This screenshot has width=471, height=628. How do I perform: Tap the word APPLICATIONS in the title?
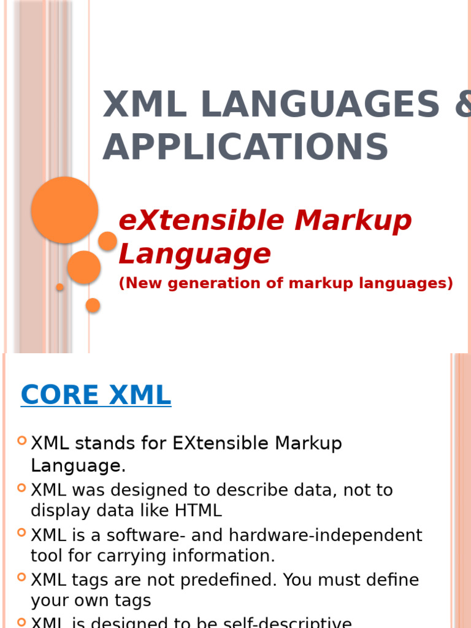tap(245, 147)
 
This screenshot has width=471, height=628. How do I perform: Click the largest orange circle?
tap(64, 210)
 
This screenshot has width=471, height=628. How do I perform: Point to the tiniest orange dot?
tap(60, 287)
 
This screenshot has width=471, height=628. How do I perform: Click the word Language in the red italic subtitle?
tap(194, 253)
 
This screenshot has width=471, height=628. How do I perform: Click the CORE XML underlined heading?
tap(96, 395)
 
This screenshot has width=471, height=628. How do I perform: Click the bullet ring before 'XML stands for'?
tap(22, 440)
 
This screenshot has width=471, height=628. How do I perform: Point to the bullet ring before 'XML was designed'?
tap(22, 488)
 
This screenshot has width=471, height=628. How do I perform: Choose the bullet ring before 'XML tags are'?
tap(22, 577)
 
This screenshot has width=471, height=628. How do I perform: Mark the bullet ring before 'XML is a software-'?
tap(22, 532)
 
